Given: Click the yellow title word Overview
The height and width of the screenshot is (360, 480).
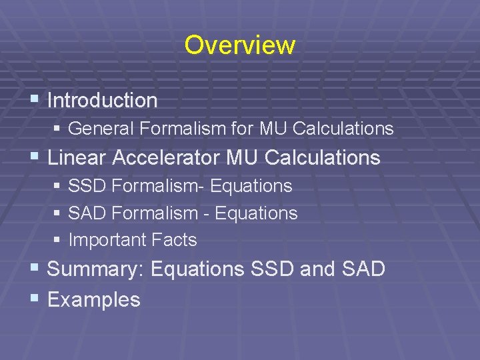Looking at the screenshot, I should [239, 45].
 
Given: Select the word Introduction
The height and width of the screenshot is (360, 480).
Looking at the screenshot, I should [102, 101].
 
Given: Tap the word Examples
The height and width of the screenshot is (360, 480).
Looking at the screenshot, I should [94, 300].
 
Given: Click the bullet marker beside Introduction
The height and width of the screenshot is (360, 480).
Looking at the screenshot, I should [35, 100].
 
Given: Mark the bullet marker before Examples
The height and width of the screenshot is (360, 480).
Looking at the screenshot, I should [35, 299].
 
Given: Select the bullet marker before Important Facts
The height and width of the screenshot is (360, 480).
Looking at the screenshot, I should [57, 240].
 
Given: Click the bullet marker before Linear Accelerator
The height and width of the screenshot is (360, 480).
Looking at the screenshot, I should [35, 157].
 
